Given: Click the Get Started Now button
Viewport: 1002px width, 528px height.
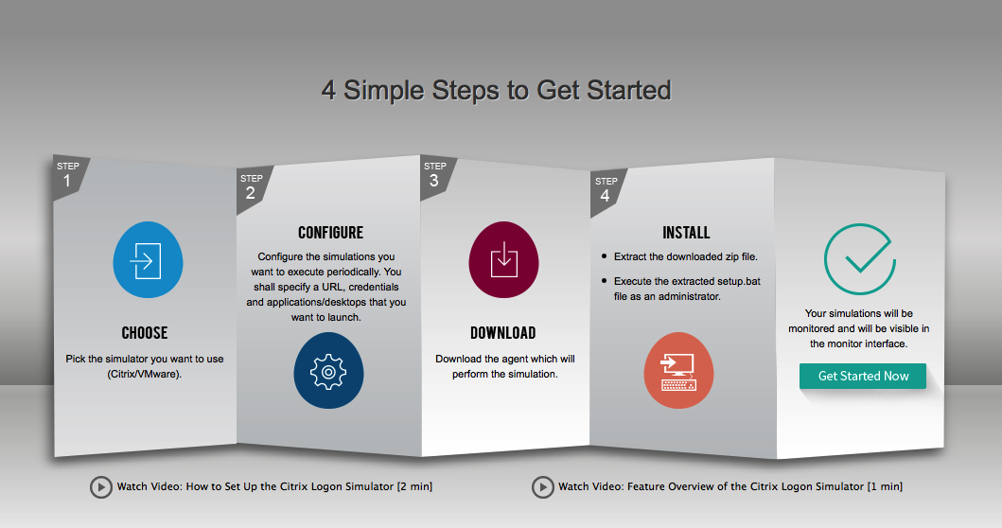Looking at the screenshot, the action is coord(862,376).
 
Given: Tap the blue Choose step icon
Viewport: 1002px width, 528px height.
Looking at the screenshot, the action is coord(148,259).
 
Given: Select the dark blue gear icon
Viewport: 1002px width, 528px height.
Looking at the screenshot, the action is coord(328,371).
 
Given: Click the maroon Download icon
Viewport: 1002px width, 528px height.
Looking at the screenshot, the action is coord(503,259).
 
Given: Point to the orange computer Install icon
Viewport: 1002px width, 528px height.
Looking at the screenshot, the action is coord(678,371).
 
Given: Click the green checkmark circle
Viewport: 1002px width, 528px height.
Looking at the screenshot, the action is coord(859,259).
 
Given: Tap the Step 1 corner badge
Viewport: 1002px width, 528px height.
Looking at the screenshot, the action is coord(68,176).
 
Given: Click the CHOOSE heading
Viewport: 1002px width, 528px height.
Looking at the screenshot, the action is coord(145,333).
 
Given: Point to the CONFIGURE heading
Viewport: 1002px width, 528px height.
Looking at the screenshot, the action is coord(330,233).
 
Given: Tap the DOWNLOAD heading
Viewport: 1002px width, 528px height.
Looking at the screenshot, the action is coord(503,333).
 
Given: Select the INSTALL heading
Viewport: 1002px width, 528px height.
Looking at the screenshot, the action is coord(686,233).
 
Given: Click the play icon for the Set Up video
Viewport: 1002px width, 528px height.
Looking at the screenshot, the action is coord(100,487).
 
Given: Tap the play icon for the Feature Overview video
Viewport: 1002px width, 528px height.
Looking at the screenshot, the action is coord(542,487).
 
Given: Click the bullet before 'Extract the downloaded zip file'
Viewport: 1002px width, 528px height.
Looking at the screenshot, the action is coord(605,256).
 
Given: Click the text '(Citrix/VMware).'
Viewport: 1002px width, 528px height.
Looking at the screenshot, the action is coord(145,374).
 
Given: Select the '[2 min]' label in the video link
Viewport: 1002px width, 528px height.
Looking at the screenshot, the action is coord(414,486).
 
